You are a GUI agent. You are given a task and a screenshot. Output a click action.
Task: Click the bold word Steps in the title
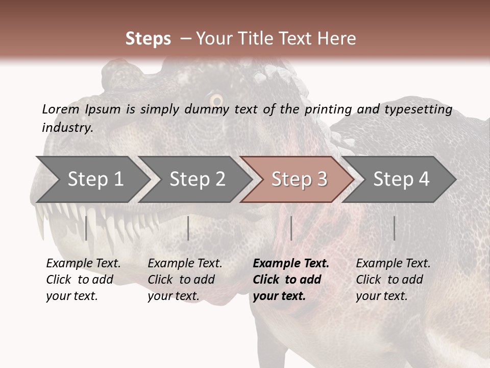[148, 39]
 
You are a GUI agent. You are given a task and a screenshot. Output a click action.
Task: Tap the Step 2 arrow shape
[197, 179]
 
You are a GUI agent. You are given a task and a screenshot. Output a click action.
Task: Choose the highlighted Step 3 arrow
[299, 179]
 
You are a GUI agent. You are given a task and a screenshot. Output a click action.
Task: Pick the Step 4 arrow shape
[401, 179]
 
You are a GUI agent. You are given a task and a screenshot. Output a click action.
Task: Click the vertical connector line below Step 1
[86, 228]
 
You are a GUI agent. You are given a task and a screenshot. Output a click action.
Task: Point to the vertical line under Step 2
[188, 228]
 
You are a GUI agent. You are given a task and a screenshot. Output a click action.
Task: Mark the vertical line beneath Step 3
[291, 228]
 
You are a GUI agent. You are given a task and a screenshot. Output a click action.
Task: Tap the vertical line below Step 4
[394, 228]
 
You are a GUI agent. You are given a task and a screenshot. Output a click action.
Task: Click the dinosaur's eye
[216, 100]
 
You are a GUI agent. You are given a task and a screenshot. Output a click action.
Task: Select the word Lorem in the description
[61, 109]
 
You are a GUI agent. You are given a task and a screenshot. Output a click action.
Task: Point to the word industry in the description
[66, 127]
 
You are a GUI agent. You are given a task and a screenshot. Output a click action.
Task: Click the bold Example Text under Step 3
[291, 264]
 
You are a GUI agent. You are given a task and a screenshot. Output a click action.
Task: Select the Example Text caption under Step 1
[83, 264]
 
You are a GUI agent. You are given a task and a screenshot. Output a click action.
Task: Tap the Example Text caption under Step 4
[393, 264]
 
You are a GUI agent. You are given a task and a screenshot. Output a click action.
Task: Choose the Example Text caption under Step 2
[185, 264]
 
